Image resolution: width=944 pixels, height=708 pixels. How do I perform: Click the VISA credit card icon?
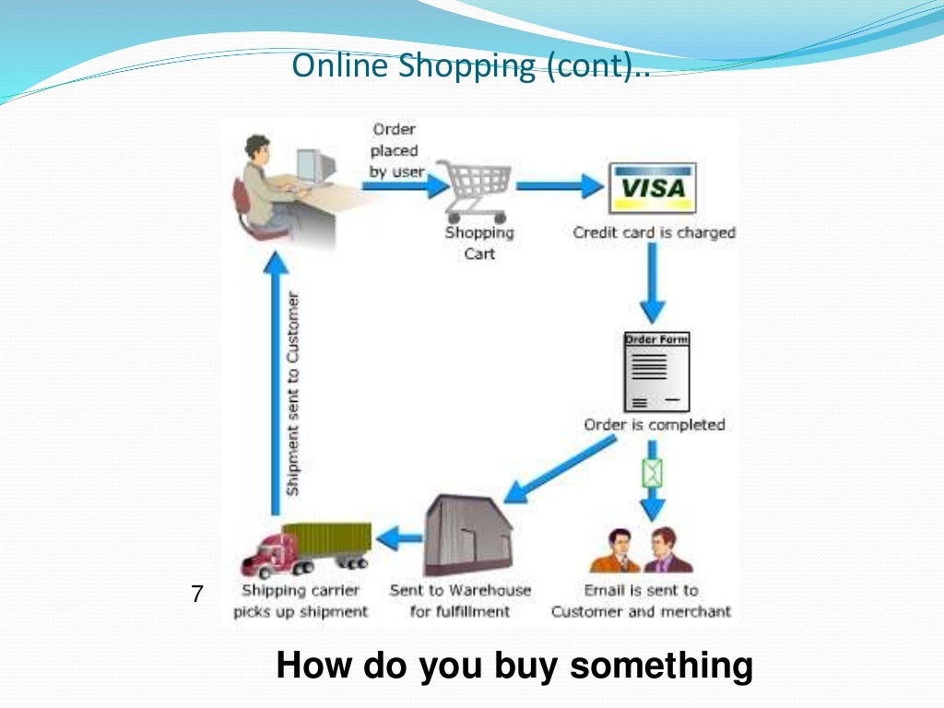[653, 188]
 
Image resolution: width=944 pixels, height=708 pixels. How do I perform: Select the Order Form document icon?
[656, 372]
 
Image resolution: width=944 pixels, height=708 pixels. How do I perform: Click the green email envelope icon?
[653, 473]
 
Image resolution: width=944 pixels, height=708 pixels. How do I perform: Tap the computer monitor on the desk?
[314, 166]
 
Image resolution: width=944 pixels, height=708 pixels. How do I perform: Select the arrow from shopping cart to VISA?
[559, 187]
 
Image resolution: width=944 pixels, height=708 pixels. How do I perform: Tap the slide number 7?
[196, 595]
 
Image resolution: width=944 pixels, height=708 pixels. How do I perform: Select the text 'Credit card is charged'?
[654, 232]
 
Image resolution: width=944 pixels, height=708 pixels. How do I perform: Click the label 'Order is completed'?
[655, 425]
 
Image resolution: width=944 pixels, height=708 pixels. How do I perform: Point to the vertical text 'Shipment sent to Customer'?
[293, 395]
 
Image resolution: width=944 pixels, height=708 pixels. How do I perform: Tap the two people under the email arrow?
[642, 551]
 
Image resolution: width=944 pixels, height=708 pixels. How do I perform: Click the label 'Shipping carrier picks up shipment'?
[301, 600]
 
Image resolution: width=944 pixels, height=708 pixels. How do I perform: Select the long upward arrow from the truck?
[274, 378]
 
